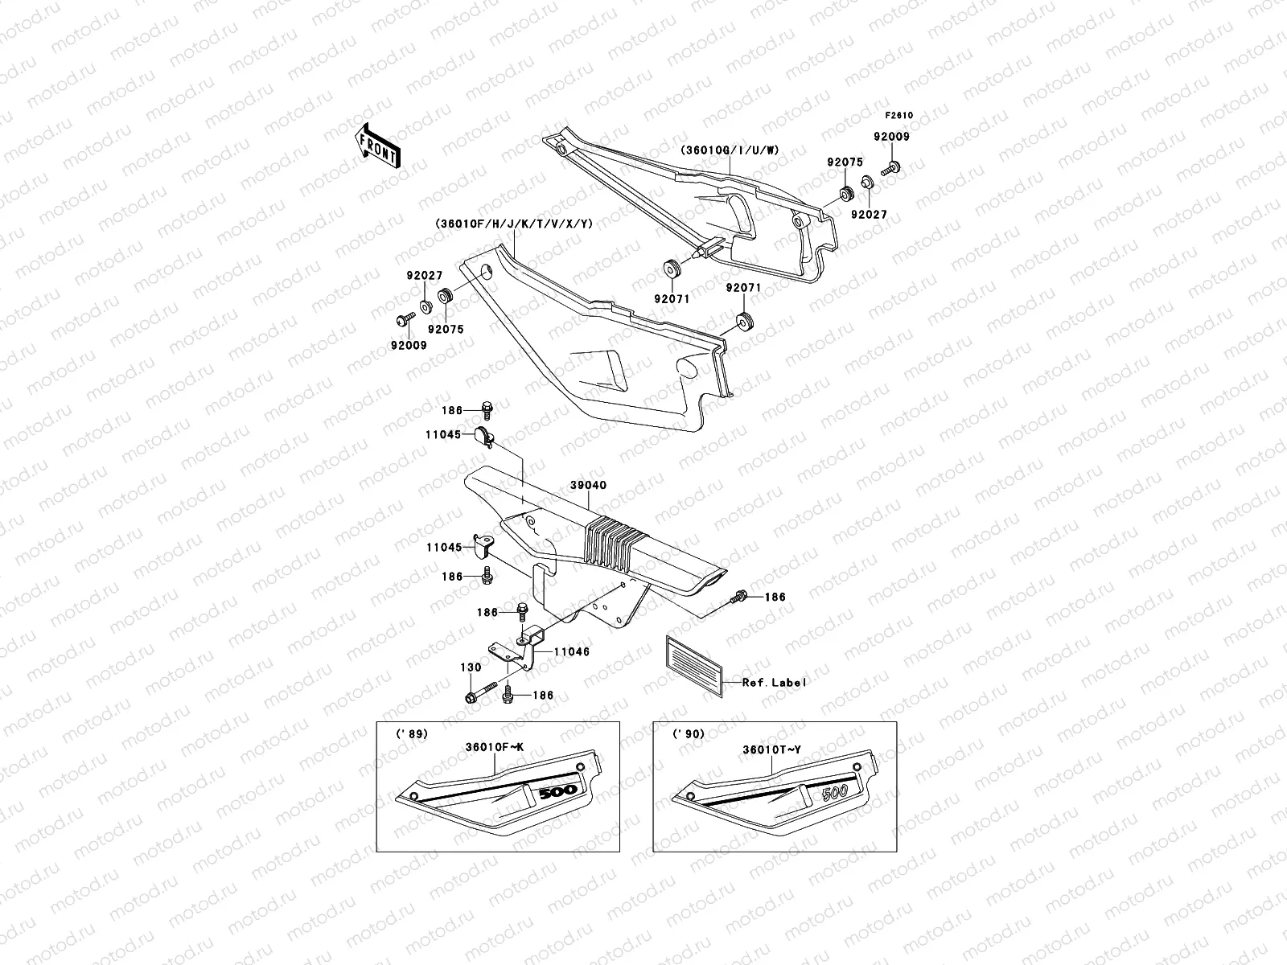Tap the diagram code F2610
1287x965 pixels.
pos(899,115)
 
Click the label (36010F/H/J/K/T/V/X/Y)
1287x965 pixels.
pos(512,224)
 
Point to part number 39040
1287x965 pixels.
pos(590,486)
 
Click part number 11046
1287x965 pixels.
pos(572,651)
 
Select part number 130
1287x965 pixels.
pos(471,667)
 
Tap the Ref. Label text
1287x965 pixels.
pos(774,682)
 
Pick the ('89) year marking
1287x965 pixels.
pos(412,733)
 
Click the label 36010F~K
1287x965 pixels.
pos(494,747)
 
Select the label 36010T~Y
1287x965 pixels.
pos(771,749)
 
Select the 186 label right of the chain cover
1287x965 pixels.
pos(775,597)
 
